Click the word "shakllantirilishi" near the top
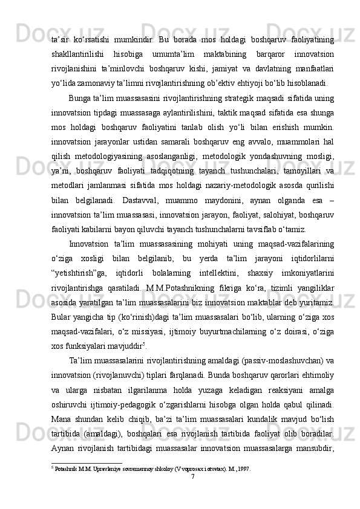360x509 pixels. (75, 53)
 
